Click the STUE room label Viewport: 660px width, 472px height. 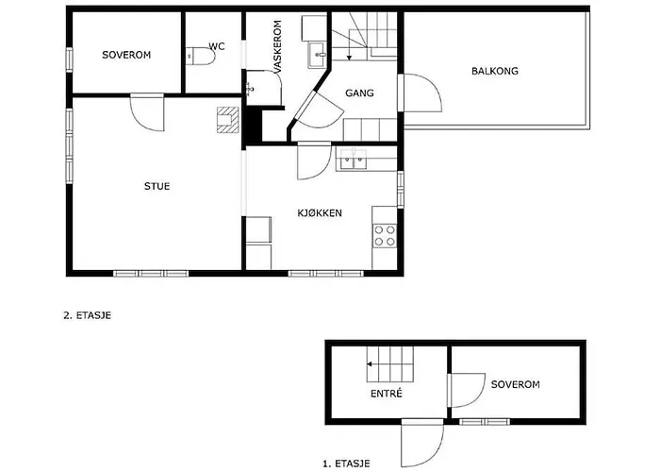coord(157,186)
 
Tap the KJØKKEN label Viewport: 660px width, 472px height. coord(319,213)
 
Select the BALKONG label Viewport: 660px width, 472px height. coord(495,71)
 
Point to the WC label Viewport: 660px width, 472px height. coord(216,45)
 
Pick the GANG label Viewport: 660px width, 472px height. coord(359,93)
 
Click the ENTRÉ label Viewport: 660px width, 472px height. coord(388,393)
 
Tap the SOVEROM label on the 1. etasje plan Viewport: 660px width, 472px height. coord(515,384)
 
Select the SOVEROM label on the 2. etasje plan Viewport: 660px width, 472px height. coord(126,55)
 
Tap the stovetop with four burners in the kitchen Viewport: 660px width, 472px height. coord(385,233)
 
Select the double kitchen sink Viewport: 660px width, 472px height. coord(355,160)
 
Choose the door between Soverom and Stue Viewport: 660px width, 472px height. coord(148,111)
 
